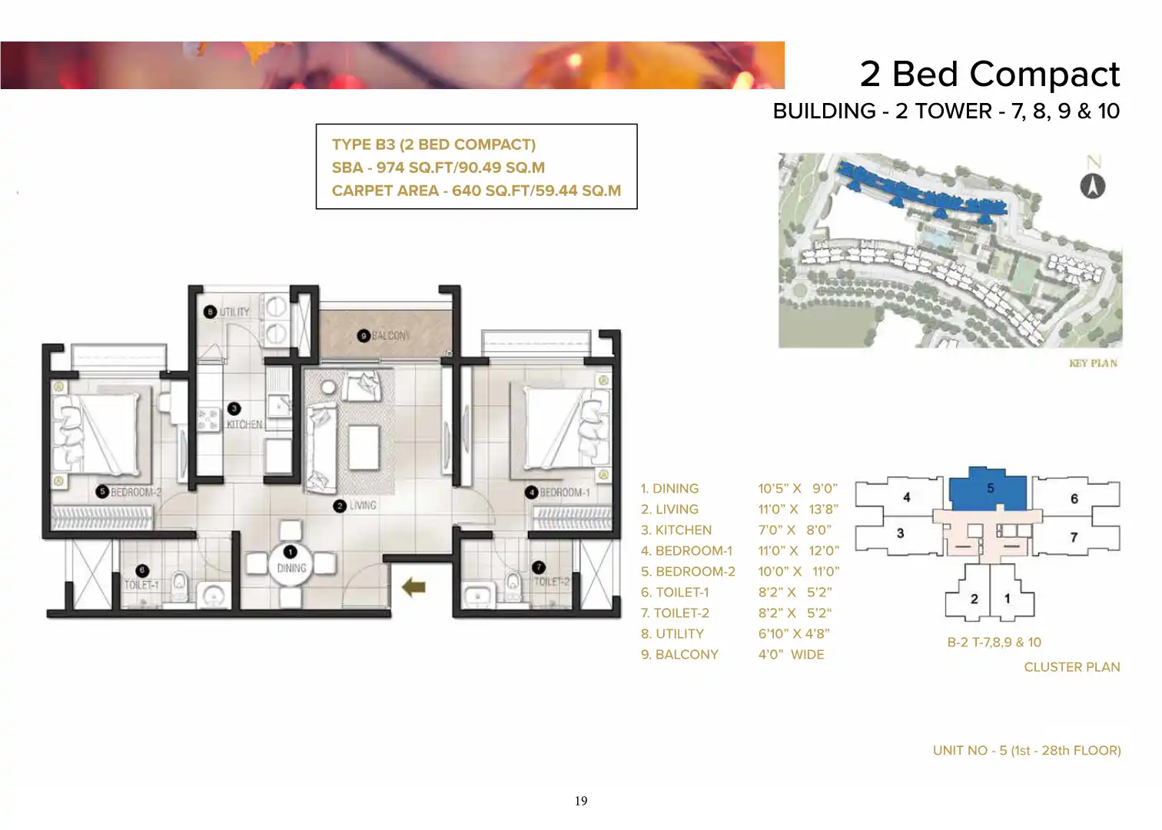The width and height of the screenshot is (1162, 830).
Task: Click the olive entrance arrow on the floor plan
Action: [413, 587]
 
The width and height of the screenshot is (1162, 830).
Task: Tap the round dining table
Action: [290, 566]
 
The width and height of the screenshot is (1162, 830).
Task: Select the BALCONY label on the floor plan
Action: [390, 336]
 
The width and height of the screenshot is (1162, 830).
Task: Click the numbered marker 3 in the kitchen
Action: [234, 409]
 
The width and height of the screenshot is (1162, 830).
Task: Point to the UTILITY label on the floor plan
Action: [234, 312]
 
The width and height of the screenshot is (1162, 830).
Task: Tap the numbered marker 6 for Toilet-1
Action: [142, 570]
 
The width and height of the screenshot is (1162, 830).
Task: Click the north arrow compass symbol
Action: [1093, 186]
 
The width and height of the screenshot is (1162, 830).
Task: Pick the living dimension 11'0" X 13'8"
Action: [798, 510]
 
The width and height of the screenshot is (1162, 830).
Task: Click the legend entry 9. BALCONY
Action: [679, 655]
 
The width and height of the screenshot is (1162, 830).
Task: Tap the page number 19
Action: [581, 801]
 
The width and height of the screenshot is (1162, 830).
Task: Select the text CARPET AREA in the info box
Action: [385, 191]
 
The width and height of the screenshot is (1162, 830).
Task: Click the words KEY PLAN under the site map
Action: [1093, 363]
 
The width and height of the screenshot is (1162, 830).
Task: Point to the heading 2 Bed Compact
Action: [990, 74]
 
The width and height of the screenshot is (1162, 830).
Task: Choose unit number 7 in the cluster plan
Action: [1074, 537]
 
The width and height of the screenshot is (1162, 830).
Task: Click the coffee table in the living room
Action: [364, 447]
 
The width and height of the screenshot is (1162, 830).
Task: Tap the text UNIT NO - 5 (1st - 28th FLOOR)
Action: [1027, 751]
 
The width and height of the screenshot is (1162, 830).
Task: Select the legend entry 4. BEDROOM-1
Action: [686, 551]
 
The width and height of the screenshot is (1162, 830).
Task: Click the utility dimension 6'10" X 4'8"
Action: [794, 634]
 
